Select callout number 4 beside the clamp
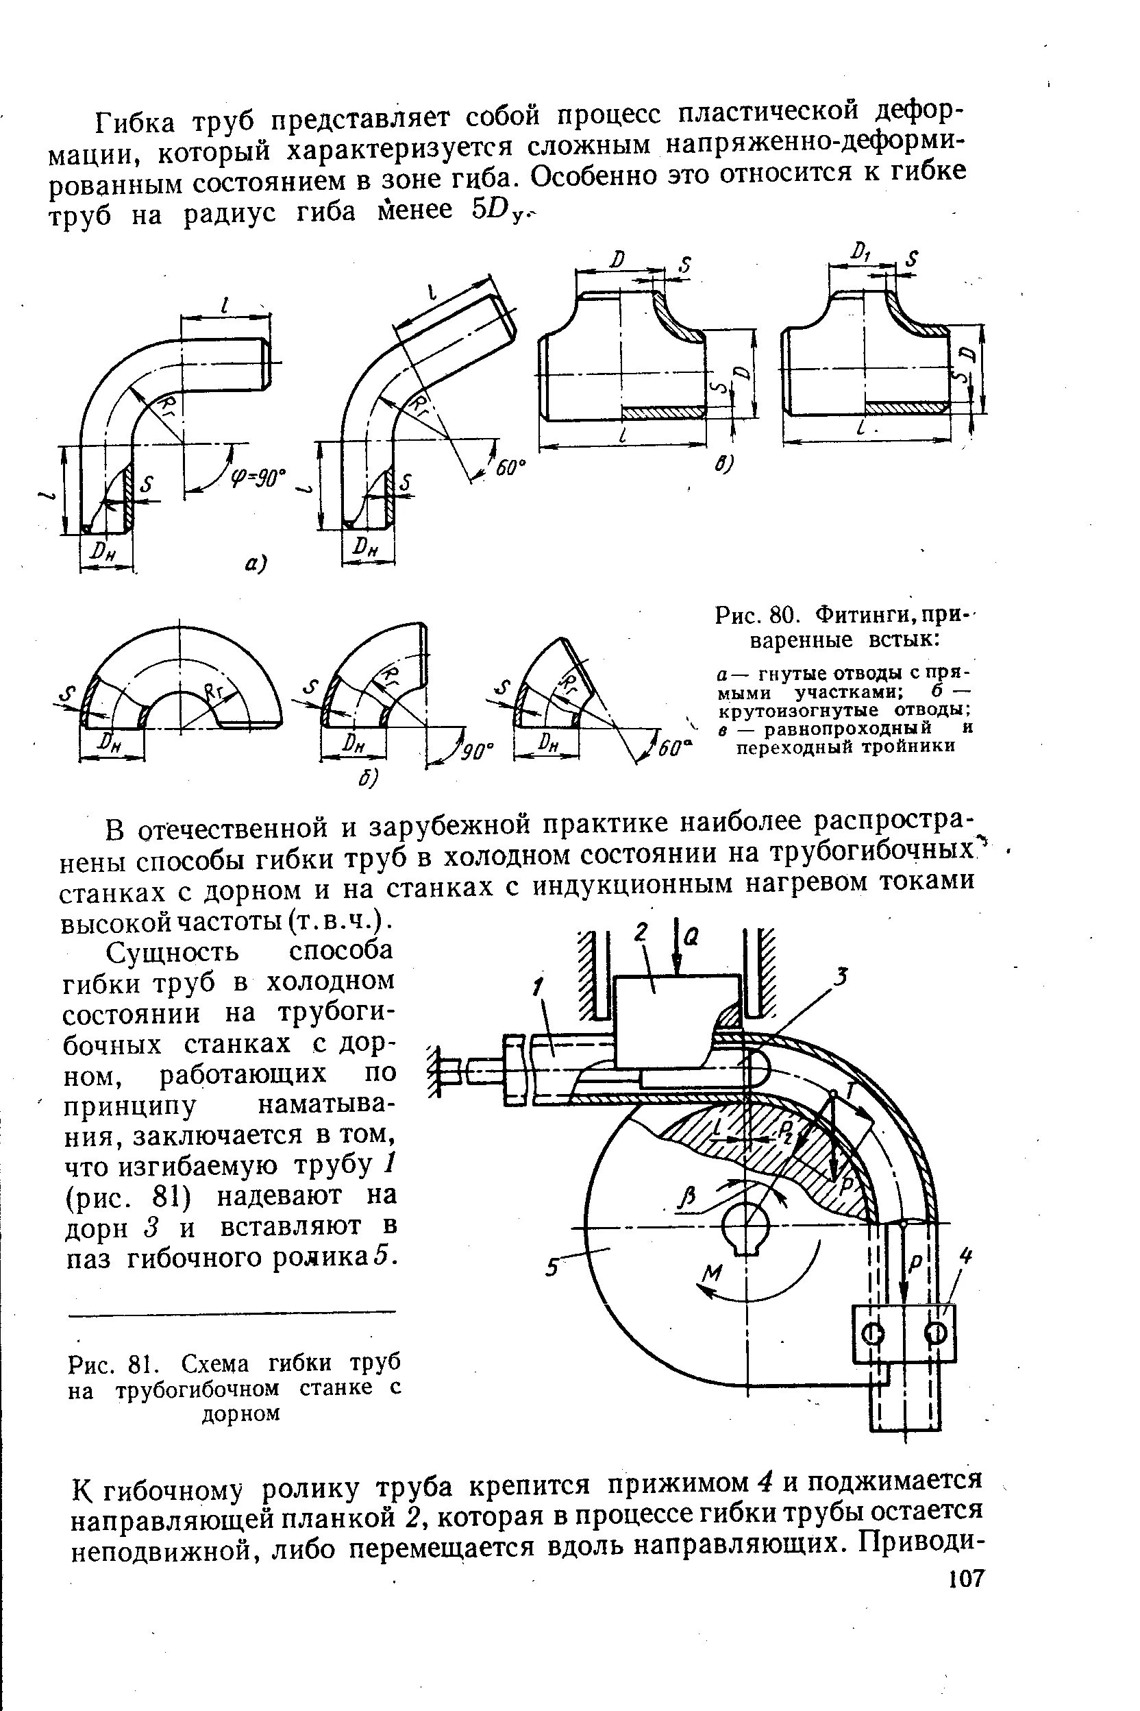[965, 1256]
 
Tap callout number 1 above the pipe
[537, 987]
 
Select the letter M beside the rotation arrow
[714, 1273]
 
